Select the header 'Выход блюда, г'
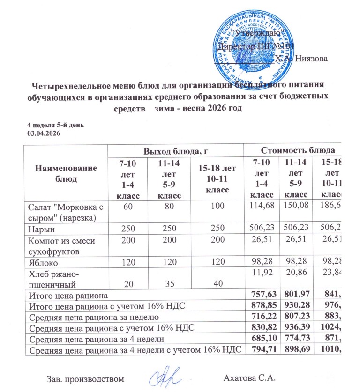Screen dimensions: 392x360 175,151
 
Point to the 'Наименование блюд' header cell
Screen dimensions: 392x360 66,173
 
